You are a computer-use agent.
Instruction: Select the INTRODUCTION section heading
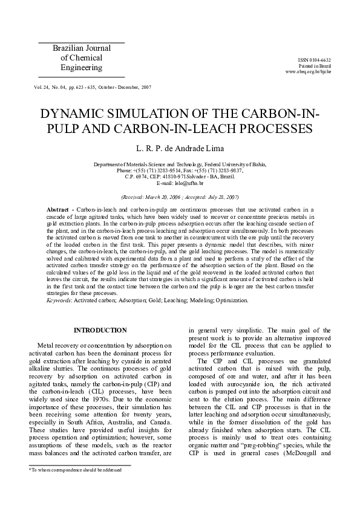100,330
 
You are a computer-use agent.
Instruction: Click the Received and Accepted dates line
180,197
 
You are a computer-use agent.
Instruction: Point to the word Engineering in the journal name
82,68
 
